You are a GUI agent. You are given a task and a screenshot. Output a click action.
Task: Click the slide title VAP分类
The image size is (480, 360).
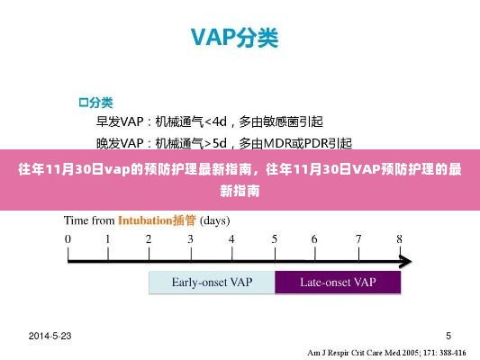pyautogui.click(x=233, y=39)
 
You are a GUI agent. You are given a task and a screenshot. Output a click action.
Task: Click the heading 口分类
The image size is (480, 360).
pyautogui.click(x=95, y=101)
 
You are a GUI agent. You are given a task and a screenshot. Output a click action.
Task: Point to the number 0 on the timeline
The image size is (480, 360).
pyautogui.click(x=68, y=239)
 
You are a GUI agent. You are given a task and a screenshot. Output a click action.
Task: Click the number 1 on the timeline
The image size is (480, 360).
pyautogui.click(x=108, y=239)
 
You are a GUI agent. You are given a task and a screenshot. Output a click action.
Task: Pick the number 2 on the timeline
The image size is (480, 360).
pyautogui.click(x=149, y=239)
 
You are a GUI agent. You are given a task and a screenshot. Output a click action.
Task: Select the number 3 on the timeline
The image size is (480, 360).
pyautogui.click(x=191, y=239)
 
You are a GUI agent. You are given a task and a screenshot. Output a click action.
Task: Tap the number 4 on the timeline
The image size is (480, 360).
pyautogui.click(x=232, y=239)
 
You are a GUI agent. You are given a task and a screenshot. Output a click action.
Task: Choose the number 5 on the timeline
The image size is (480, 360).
pyautogui.click(x=274, y=239)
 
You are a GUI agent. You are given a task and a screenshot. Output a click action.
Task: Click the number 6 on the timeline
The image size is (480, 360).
pyautogui.click(x=315, y=239)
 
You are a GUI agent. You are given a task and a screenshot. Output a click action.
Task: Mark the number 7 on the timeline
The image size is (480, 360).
pyautogui.click(x=358, y=239)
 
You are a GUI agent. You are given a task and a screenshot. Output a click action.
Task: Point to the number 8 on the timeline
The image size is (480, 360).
pyautogui.click(x=399, y=239)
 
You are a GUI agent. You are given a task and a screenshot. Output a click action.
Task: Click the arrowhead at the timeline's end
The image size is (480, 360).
pyautogui.click(x=406, y=261)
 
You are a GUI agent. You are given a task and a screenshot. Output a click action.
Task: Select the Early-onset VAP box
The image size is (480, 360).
pyautogui.click(x=211, y=283)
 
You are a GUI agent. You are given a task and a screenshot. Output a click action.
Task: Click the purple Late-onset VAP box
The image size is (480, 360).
pyautogui.click(x=338, y=283)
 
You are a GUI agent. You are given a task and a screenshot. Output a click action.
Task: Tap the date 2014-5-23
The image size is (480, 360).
pyautogui.click(x=50, y=336)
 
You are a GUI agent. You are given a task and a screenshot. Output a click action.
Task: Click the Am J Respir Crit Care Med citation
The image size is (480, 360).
pyautogui.click(x=386, y=352)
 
